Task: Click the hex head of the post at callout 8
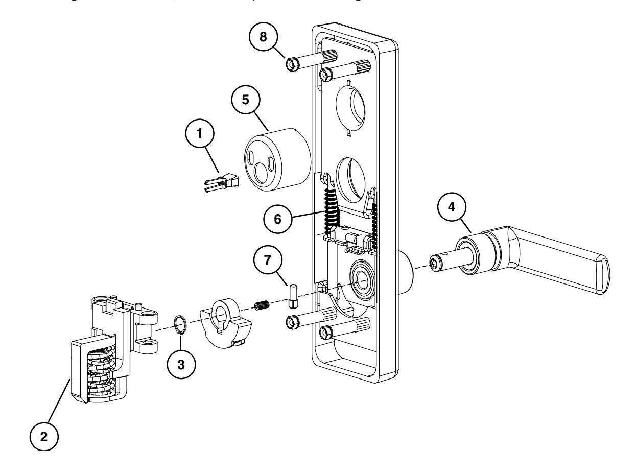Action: [x=293, y=65]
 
